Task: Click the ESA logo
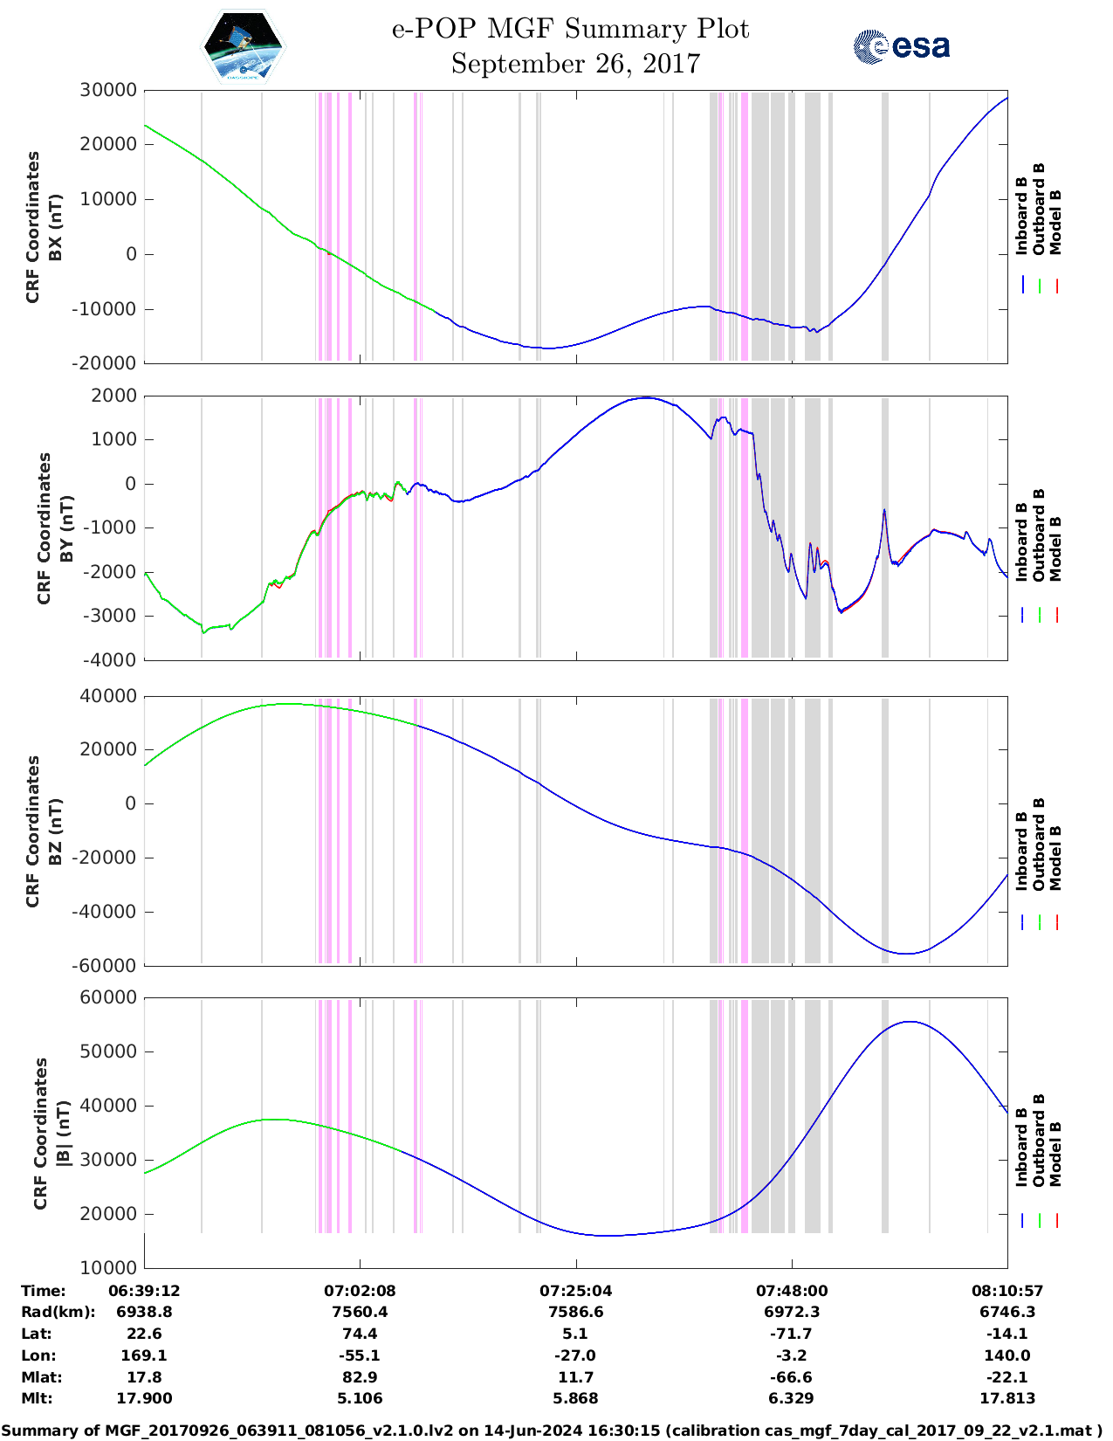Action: (x=902, y=46)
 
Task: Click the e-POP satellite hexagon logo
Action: (x=243, y=46)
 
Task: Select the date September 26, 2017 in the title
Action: (x=575, y=64)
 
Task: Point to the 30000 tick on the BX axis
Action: (x=109, y=90)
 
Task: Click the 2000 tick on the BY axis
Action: (x=114, y=396)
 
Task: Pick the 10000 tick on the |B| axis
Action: (x=109, y=1267)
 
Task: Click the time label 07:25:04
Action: (x=575, y=1291)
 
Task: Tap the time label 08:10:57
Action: (x=1007, y=1291)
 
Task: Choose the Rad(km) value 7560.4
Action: (x=360, y=1312)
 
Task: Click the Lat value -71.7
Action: (x=791, y=1334)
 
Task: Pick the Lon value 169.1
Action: (x=144, y=1355)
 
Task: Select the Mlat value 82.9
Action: (x=360, y=1377)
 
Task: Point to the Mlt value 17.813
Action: (x=1007, y=1398)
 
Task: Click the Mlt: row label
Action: (x=37, y=1398)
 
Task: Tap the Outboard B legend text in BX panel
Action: (x=1038, y=210)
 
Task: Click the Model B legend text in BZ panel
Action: (x=1055, y=858)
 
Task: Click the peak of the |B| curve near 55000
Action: (x=910, y=1021)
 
